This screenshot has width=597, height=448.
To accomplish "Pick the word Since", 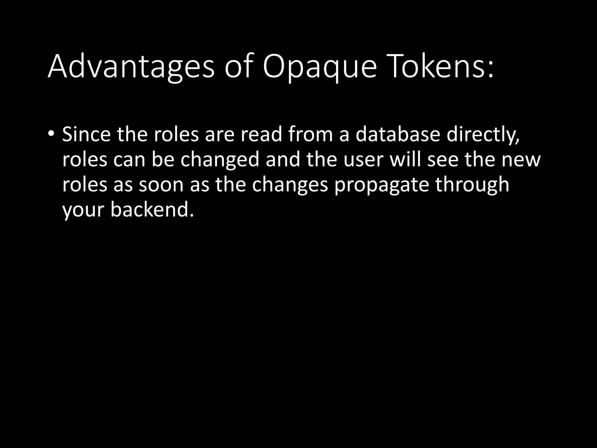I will (86, 134).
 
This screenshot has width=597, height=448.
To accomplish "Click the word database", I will (397, 134).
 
